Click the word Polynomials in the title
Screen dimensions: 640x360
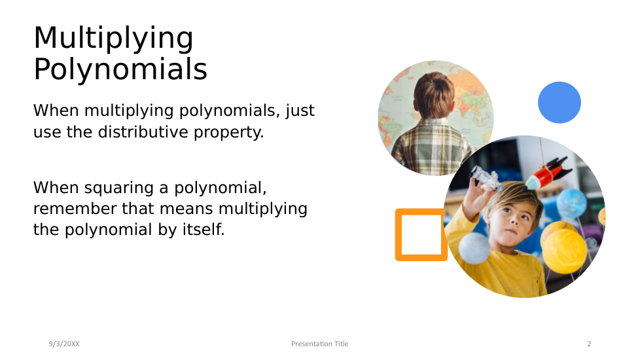[x=120, y=69]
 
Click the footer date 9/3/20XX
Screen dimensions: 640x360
[x=64, y=344]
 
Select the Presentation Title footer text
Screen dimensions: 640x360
[x=319, y=344]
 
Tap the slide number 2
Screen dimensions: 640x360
[x=589, y=344]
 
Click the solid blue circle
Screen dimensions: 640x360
[x=560, y=103]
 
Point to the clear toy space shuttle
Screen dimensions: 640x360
[x=486, y=179]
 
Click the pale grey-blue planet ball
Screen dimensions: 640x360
[x=474, y=248]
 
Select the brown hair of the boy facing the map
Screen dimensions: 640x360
[x=434, y=95]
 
